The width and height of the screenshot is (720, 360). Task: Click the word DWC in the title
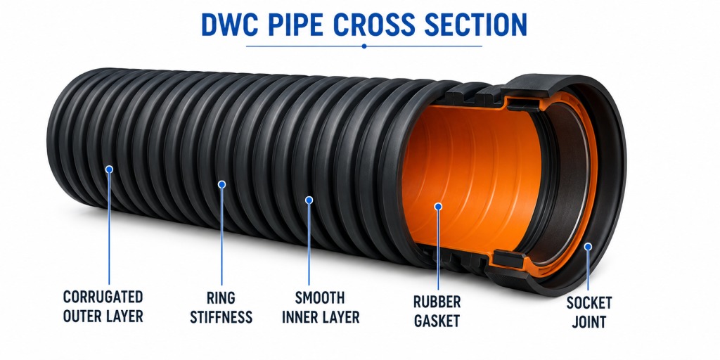tap(227, 25)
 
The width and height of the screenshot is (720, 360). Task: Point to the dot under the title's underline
tap(364, 46)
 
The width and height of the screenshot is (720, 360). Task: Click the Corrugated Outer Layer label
tap(103, 307)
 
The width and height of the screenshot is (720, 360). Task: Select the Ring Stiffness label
tap(221, 308)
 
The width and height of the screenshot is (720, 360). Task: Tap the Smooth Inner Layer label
tap(320, 307)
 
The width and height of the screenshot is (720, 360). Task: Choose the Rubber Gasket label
tap(437, 311)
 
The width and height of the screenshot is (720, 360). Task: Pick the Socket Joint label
tap(589, 312)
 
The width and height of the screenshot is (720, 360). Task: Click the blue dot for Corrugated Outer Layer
tap(109, 169)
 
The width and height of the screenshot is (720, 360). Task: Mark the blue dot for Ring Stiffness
tap(221, 184)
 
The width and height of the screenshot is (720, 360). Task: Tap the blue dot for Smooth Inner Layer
tap(309, 200)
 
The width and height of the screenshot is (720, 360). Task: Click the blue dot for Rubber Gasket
tap(438, 207)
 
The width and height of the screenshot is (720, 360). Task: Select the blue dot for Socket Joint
tap(588, 247)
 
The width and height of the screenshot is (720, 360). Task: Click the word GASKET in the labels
tap(437, 321)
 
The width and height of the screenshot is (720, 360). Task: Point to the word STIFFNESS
tap(221, 317)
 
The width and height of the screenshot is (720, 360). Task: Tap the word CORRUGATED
tap(103, 297)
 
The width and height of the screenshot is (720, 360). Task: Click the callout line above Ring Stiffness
tap(221, 236)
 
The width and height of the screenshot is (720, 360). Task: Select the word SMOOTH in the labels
tap(320, 298)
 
